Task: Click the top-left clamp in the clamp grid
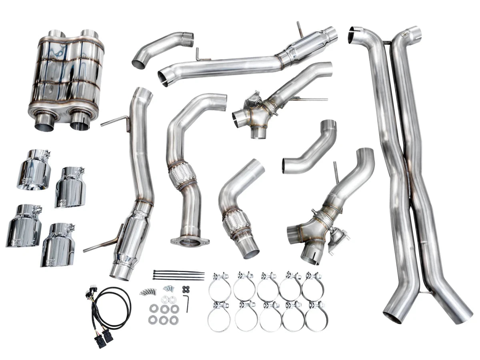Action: [219, 286]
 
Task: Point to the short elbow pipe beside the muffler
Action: [162, 48]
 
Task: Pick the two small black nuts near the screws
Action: [185, 288]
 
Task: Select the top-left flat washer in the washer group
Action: [154, 308]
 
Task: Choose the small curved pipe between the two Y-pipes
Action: [310, 148]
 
